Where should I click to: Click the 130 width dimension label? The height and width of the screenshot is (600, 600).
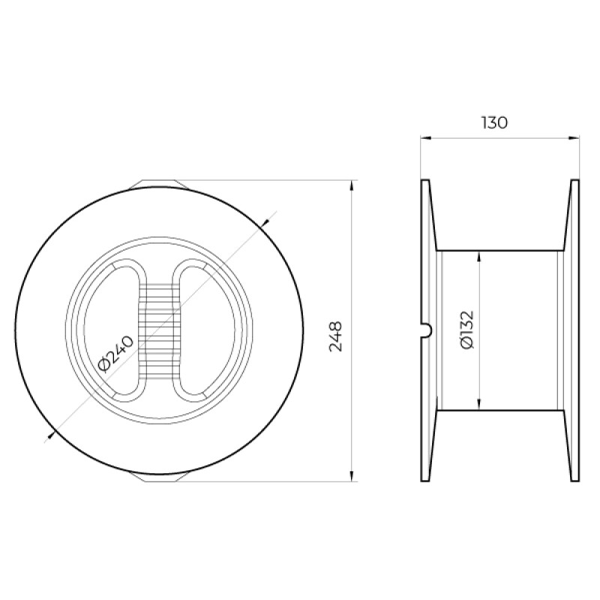pyautogui.click(x=494, y=122)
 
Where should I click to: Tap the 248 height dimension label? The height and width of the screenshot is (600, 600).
pyautogui.click(x=335, y=336)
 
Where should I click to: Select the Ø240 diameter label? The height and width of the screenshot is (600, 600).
pyautogui.click(x=116, y=354)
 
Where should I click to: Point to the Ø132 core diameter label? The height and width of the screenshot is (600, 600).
pyautogui.click(x=467, y=330)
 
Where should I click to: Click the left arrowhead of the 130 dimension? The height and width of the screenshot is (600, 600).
pyautogui.click(x=425, y=138)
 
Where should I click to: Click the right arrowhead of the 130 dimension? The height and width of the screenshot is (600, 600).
pyautogui.click(x=574, y=138)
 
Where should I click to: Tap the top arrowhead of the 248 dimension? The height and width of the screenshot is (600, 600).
pyautogui.click(x=352, y=185)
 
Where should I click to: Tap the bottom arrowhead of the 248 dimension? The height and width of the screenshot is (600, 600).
pyautogui.click(x=352, y=475)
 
